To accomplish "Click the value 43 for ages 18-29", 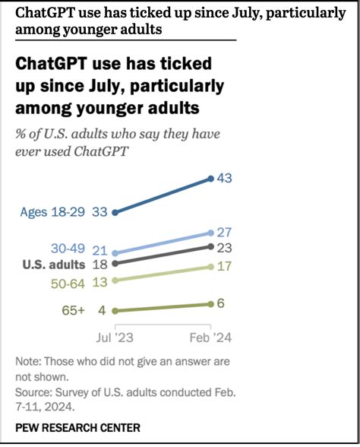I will [x=224, y=178].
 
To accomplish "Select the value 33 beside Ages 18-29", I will [x=99, y=213].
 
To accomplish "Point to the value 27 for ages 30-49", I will [x=224, y=232].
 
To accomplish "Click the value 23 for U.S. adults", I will [x=224, y=247].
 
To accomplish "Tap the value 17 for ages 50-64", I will [x=224, y=267].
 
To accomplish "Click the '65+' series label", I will [x=74, y=310].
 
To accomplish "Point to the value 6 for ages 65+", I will [x=221, y=303].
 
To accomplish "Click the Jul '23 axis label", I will [x=114, y=334].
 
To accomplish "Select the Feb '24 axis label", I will [x=210, y=334].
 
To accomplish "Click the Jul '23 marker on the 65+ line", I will [x=114, y=310].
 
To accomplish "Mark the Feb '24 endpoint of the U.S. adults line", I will [x=210, y=247].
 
